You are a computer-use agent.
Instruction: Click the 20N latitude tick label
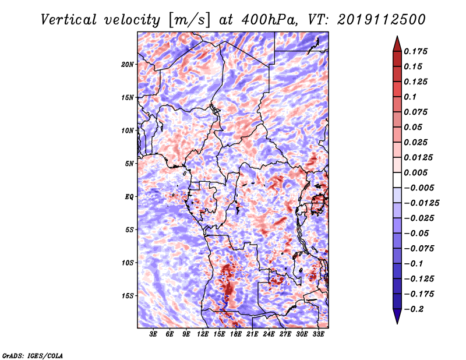pyautogui.click(x=128, y=65)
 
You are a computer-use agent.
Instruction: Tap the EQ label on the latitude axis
pyautogui.click(x=129, y=197)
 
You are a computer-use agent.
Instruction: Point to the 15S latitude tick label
pyautogui.click(x=128, y=296)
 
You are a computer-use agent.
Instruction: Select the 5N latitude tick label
pyautogui.click(x=129, y=164)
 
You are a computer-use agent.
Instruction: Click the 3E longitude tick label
pyautogui.click(x=153, y=334)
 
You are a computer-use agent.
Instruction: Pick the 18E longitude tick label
pyautogui.click(x=236, y=334)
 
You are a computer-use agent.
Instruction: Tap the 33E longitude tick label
pyautogui.click(x=318, y=334)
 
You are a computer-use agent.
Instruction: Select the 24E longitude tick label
pyautogui.click(x=269, y=334)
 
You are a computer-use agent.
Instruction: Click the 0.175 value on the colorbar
pyautogui.click(x=415, y=51)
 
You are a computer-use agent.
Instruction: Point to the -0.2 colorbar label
pyautogui.click(x=414, y=309)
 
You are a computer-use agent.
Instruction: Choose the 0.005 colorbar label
pyautogui.click(x=415, y=172)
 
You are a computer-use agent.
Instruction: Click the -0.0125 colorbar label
pyautogui.click(x=421, y=203)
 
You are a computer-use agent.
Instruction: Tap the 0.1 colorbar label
pyautogui.click(x=410, y=97)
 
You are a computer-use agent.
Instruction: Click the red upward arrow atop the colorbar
pyautogui.click(x=397, y=44)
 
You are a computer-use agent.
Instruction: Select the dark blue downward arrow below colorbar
pyautogui.click(x=397, y=316)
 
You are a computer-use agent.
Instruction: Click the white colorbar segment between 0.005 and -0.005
pyautogui.click(x=397, y=180)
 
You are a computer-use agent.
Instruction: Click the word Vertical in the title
pyautogui.click(x=69, y=20)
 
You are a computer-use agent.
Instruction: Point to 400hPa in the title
pyautogui.click(x=269, y=20)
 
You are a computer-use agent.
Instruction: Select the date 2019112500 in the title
pyautogui.click(x=382, y=20)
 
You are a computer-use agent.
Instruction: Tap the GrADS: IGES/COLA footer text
pyautogui.click(x=33, y=356)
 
